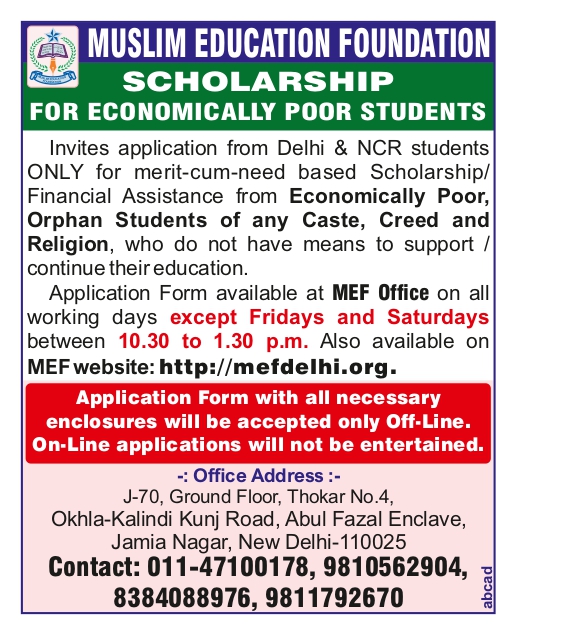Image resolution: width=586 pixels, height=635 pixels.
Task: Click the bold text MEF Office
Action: (x=380, y=293)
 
